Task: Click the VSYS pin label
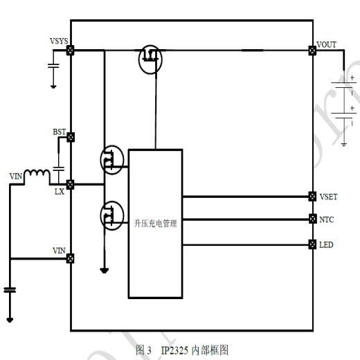59,42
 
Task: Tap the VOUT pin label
326,44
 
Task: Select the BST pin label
60,132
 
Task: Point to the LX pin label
60,192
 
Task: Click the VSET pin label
328,197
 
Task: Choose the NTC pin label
326,219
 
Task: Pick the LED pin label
326,245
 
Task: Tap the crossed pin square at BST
71,138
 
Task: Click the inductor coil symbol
35,174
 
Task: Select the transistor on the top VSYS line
149,58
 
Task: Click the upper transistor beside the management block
111,160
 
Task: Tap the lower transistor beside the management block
111,215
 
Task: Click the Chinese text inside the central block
156,224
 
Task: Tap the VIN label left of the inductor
15,177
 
